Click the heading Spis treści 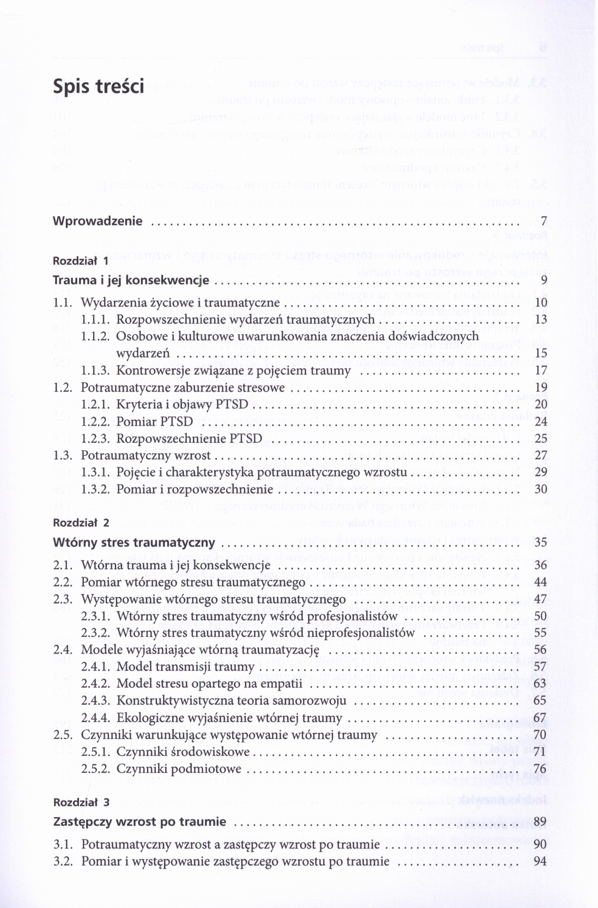click(x=98, y=86)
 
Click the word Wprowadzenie click(x=97, y=221)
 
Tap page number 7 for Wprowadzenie click(x=544, y=221)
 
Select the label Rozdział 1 click(x=81, y=261)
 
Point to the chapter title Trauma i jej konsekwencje click(x=131, y=280)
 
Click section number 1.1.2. click(x=95, y=336)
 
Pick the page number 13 click(x=541, y=319)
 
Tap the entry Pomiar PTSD click(x=155, y=421)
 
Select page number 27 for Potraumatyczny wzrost click(x=541, y=455)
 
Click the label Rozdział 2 click(x=81, y=523)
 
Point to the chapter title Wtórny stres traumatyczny click(x=134, y=542)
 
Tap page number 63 click(x=541, y=683)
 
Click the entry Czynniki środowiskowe click(x=183, y=752)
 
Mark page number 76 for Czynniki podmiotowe click(x=541, y=768)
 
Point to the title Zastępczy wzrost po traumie click(x=140, y=822)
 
